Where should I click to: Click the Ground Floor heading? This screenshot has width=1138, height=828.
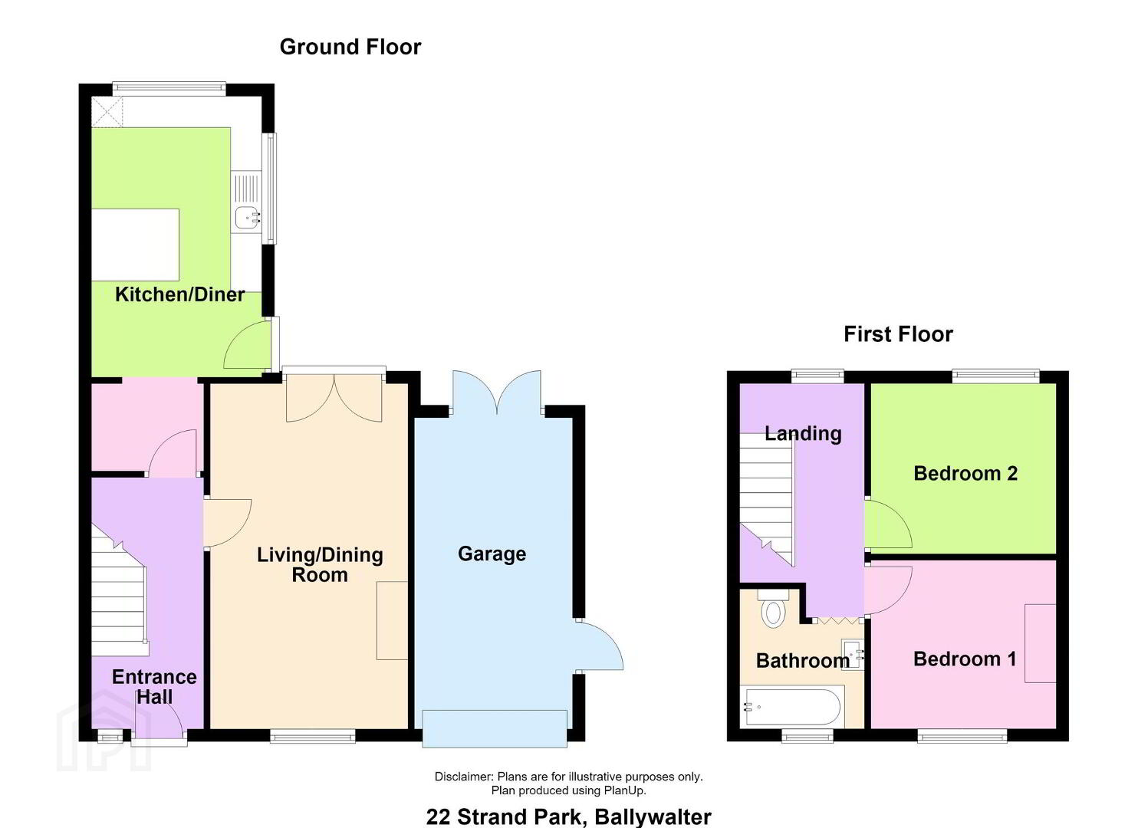[350, 48]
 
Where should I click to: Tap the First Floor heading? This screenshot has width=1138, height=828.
[898, 334]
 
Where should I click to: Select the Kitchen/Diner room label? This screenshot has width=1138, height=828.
[180, 294]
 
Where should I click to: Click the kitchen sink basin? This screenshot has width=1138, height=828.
[246, 218]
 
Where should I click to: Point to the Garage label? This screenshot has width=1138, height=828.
[492, 554]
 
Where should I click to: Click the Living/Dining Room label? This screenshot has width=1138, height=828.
[320, 565]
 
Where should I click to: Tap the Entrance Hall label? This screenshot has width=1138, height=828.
[154, 687]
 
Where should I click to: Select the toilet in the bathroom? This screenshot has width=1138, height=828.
[773, 609]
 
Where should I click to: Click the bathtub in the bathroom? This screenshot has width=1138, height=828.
[791, 707]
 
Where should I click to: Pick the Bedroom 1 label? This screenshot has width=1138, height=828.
[965, 659]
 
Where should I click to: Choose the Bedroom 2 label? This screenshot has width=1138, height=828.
[965, 474]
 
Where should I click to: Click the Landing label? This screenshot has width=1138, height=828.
[803, 434]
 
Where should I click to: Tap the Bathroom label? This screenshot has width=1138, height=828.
[803, 661]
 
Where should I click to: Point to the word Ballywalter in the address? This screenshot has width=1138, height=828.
[653, 816]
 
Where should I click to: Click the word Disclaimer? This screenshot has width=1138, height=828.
[464, 776]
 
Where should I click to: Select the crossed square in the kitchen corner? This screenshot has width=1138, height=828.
[107, 112]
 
